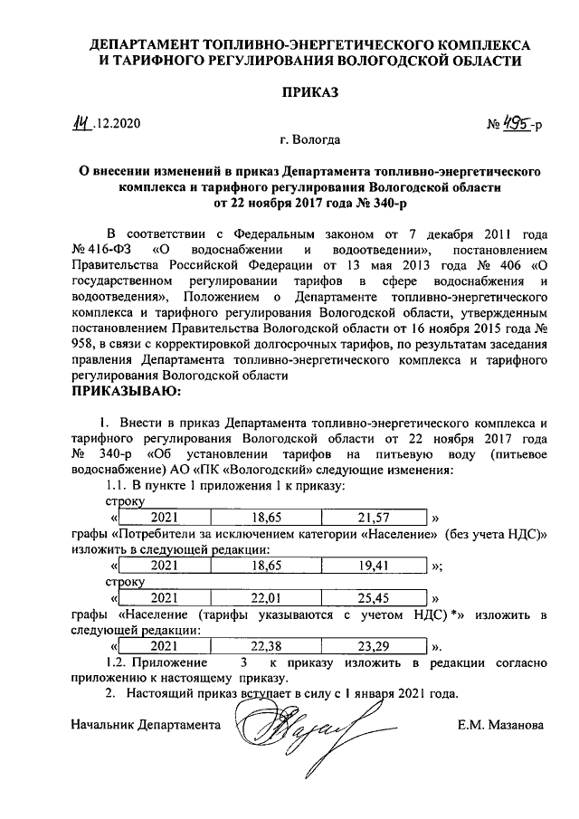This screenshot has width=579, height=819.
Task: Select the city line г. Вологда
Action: click(310, 142)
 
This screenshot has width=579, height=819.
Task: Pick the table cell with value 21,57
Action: click(373, 517)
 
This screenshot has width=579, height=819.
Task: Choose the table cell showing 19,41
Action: click(373, 565)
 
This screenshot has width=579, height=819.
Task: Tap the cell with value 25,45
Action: click(373, 598)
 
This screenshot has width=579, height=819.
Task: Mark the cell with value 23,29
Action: click(373, 646)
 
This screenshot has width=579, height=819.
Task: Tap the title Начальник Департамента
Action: click(146, 725)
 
